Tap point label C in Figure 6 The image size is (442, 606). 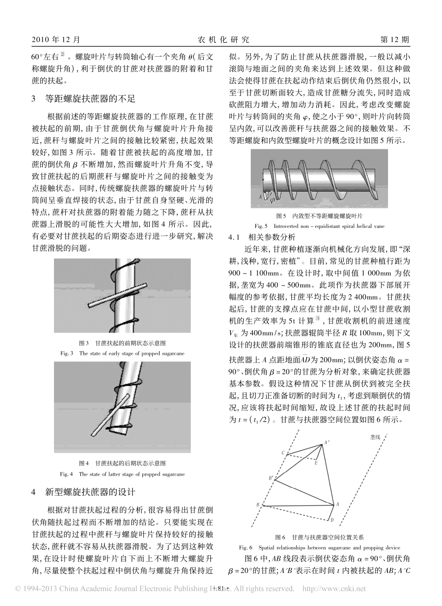(282, 453)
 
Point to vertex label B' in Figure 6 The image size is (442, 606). (270, 478)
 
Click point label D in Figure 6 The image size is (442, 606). (332, 519)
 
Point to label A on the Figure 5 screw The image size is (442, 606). (260, 197)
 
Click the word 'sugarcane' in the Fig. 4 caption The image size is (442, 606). (149, 474)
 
